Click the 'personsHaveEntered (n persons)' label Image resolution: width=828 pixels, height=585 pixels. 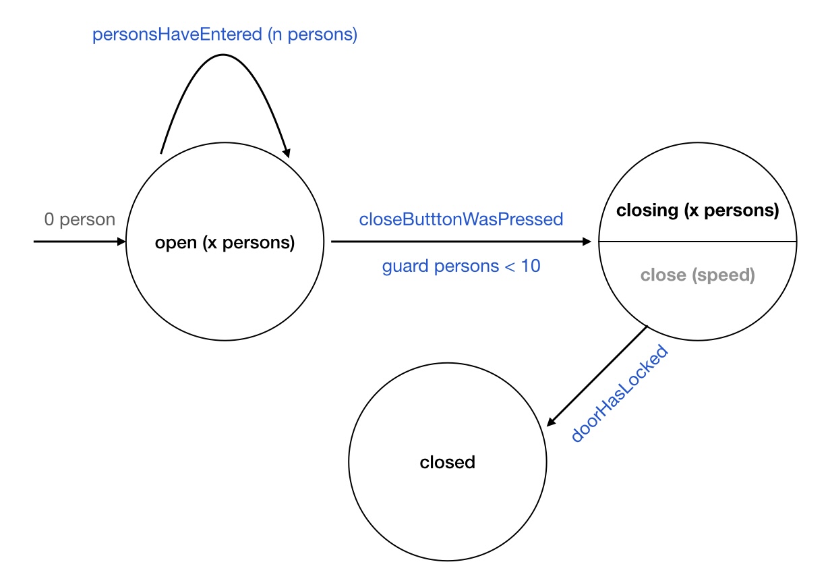[x=225, y=34]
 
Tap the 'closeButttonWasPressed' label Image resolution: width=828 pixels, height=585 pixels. [x=461, y=219]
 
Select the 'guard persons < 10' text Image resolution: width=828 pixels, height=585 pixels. [x=461, y=267]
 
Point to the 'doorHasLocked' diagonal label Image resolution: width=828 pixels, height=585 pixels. [x=619, y=394]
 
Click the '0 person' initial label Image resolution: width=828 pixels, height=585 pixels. [x=80, y=219]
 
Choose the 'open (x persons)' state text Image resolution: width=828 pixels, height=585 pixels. [x=225, y=242]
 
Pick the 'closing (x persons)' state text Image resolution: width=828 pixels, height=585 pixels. [x=698, y=211]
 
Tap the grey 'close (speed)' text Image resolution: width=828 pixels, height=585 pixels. [x=698, y=275]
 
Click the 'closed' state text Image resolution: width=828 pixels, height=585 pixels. [x=448, y=462]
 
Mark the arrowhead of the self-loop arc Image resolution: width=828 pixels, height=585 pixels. [x=287, y=153]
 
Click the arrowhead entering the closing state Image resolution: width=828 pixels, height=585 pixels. [x=593, y=241]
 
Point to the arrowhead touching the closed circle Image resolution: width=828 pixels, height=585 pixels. [x=550, y=422]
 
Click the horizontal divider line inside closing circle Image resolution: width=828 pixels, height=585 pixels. [x=698, y=241]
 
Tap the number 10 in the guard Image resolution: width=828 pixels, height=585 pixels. [x=531, y=267]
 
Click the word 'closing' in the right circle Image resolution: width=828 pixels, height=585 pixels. [x=647, y=211]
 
